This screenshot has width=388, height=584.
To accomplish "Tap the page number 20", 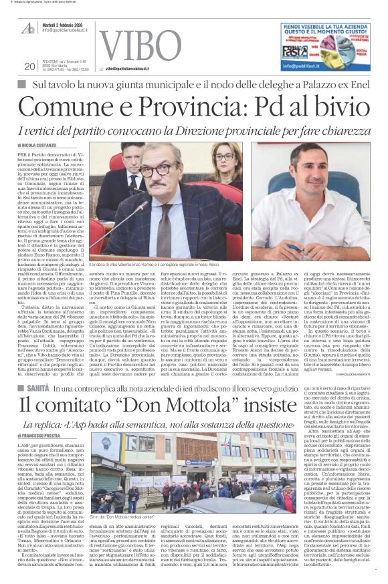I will pos(29,65).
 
